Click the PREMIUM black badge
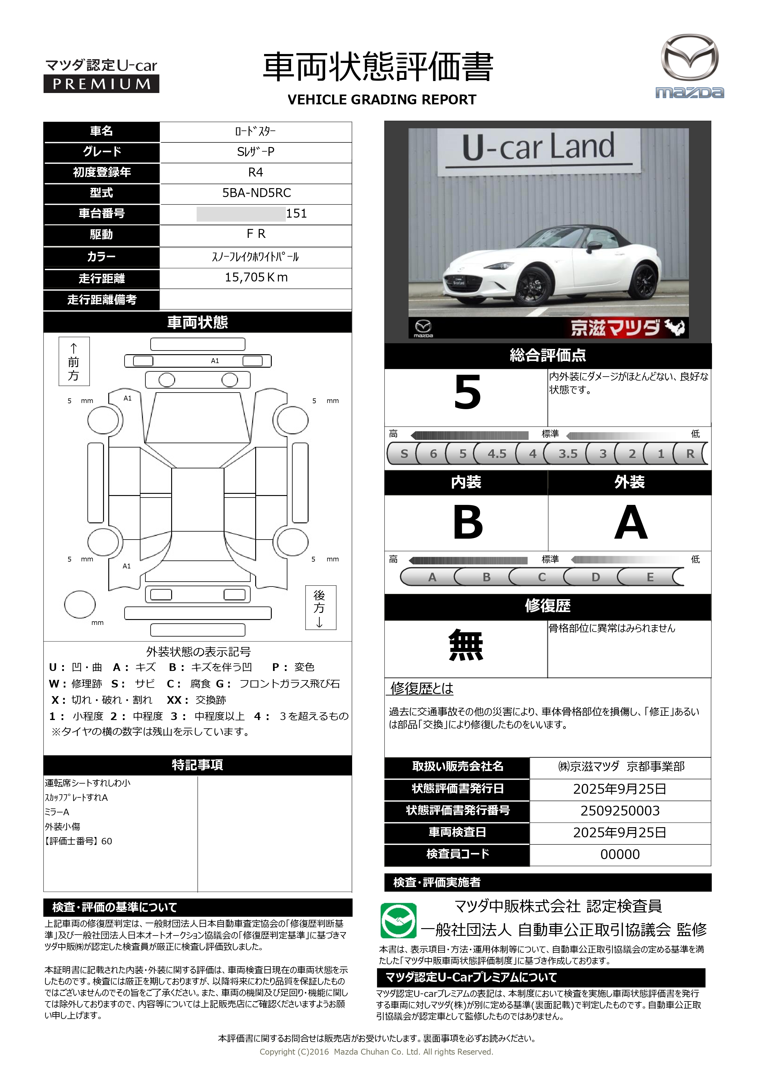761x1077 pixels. coord(101,84)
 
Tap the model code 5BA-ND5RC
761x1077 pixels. coord(256,193)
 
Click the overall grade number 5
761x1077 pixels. coord(467,392)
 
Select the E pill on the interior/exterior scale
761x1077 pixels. coord(650,577)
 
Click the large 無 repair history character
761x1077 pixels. coord(466,645)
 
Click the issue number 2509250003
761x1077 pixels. coord(620,811)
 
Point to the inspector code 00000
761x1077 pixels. coord(620,854)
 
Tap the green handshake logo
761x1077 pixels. coord(398,920)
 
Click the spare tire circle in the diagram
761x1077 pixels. coord(80,604)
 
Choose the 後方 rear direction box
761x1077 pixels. coord(321,607)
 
